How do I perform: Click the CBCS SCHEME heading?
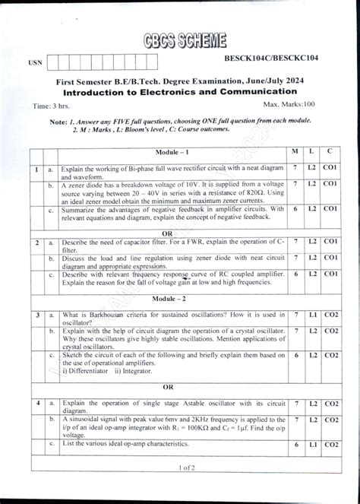click(183, 42)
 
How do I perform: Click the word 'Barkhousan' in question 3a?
click(99, 314)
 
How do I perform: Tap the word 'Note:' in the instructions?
click(58, 122)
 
